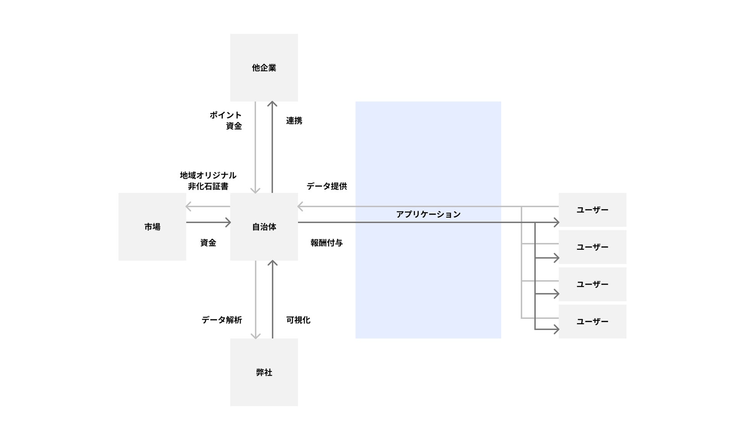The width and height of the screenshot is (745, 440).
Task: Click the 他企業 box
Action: [264, 68]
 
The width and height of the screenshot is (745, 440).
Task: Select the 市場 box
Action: [152, 227]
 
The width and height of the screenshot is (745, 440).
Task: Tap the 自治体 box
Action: [264, 227]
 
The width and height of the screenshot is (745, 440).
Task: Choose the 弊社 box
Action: [264, 372]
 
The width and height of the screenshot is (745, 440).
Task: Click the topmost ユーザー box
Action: [592, 210]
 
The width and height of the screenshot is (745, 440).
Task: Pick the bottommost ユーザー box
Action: [592, 322]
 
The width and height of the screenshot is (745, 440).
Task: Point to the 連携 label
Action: [294, 121]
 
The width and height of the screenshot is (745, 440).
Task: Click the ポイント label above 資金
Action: [225, 115]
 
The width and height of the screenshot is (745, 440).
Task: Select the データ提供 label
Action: [327, 186]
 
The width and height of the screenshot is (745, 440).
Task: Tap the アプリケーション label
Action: [428, 214]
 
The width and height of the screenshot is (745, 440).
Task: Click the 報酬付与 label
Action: [327, 243]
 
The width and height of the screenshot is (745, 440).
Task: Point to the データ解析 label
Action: [222, 320]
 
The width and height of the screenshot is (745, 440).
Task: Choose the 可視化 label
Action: [298, 320]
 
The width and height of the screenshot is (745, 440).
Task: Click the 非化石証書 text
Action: [208, 186]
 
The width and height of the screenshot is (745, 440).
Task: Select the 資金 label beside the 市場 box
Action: [208, 243]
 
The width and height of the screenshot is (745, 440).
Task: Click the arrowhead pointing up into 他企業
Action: [272, 104]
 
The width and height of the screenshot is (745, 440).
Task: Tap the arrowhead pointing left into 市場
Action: [188, 207]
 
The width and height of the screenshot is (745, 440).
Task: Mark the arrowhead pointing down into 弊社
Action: [256, 336]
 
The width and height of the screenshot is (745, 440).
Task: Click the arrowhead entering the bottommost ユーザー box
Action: [556, 329]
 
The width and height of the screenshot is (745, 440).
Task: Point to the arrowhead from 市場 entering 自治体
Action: [228, 222]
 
